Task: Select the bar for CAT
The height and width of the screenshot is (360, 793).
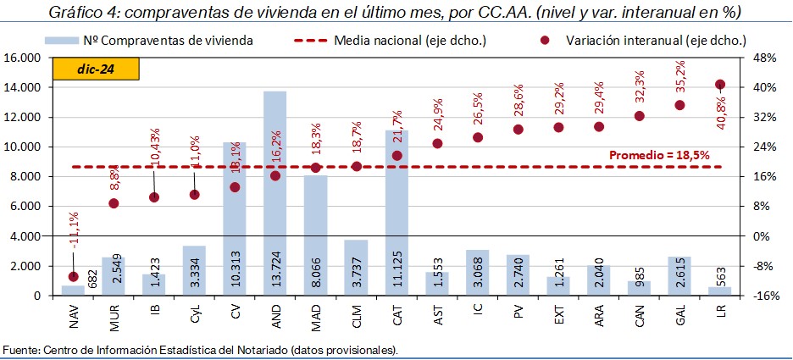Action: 396,212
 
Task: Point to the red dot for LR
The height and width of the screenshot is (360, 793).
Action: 720,85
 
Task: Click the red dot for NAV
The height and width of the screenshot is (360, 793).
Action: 73,276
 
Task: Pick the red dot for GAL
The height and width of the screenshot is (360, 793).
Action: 679,105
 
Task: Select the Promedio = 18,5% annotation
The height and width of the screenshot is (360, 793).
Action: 659,156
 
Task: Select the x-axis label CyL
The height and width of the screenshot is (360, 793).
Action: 194,314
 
